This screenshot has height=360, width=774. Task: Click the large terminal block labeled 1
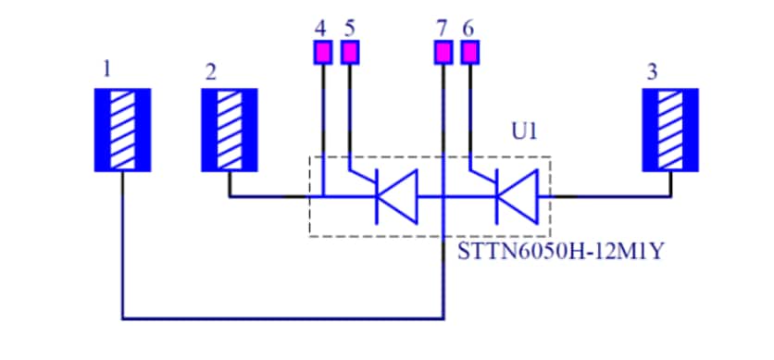pyautogui.click(x=122, y=130)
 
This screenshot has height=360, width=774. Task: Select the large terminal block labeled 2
pyautogui.click(x=230, y=130)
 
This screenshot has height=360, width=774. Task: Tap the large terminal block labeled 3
pyautogui.click(x=670, y=130)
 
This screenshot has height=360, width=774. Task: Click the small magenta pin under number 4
pyautogui.click(x=321, y=53)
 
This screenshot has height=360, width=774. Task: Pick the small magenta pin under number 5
pyautogui.click(x=349, y=53)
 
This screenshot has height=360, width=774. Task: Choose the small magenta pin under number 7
pyautogui.click(x=443, y=53)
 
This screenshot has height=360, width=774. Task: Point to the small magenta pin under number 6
pyautogui.click(x=470, y=53)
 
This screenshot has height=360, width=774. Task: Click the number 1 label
pyautogui.click(x=108, y=68)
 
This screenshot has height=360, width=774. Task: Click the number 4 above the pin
pyautogui.click(x=320, y=28)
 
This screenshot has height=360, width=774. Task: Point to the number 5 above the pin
pyautogui.click(x=349, y=28)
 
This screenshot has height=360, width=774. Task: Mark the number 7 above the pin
pyautogui.click(x=443, y=28)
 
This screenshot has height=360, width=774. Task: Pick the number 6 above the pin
pyautogui.click(x=468, y=28)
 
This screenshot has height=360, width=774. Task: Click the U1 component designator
pyautogui.click(x=524, y=132)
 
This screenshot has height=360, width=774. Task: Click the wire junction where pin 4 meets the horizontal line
pyautogui.click(x=321, y=196)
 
